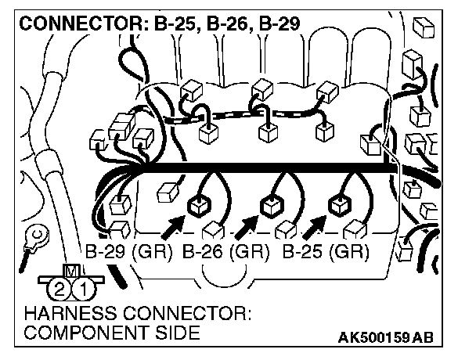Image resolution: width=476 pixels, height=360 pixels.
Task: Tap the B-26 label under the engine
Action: [203, 253]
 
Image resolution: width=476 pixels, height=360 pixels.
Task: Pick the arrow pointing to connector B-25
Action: [313, 227]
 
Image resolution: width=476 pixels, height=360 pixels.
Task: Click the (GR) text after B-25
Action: [348, 253]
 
